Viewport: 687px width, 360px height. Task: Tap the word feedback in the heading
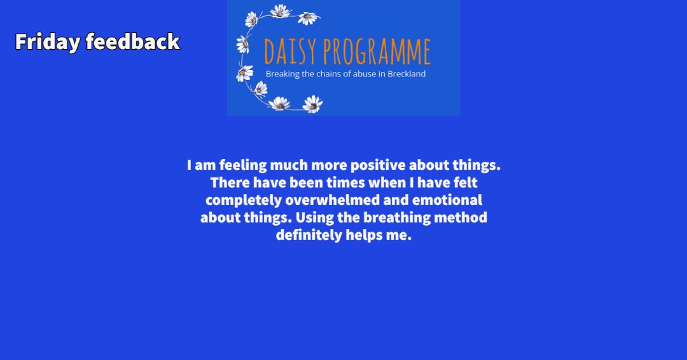point(133,42)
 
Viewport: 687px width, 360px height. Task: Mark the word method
point(461,218)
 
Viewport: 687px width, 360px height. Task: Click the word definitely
point(309,235)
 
